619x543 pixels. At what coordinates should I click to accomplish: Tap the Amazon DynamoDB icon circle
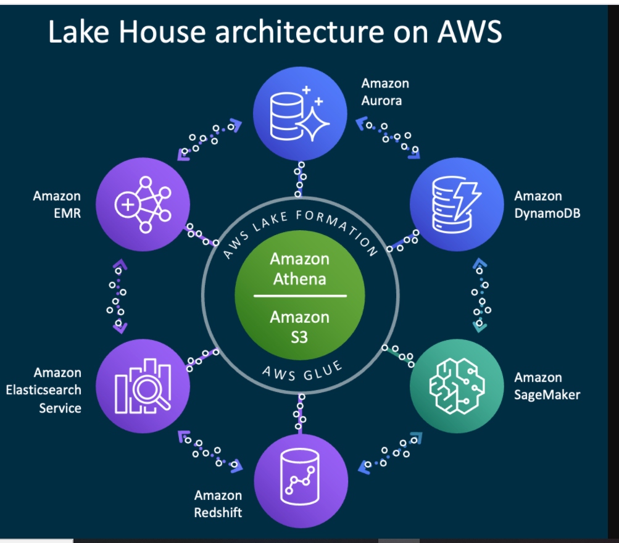457,204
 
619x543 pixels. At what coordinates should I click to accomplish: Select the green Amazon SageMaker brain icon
457,385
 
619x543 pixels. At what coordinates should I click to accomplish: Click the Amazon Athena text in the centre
300,268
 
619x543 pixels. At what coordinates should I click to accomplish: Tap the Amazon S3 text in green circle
300,326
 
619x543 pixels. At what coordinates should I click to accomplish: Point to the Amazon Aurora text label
385,91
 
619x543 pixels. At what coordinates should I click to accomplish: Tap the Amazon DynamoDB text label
547,204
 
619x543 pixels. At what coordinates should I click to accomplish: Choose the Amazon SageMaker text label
547,386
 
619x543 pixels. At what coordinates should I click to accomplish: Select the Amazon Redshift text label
218,504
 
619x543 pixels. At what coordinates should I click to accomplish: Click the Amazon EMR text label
57,204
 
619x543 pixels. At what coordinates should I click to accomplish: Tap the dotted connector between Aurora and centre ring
300,178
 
